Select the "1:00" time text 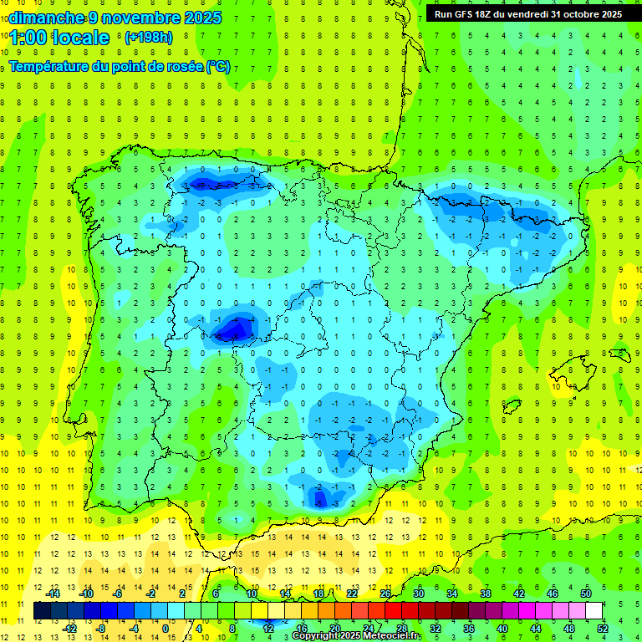pyautogui.click(x=28, y=38)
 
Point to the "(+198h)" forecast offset pyautogui.click(x=148, y=38)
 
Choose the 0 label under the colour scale pyautogui.click(x=166, y=629)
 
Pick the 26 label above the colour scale pyautogui.click(x=385, y=593)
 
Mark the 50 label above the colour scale pyautogui.click(x=586, y=593)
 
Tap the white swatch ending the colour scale pyautogui.click(x=594, y=611)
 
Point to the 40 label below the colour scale pyautogui.click(x=502, y=629)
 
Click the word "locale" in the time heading pyautogui.click(x=80, y=38)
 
